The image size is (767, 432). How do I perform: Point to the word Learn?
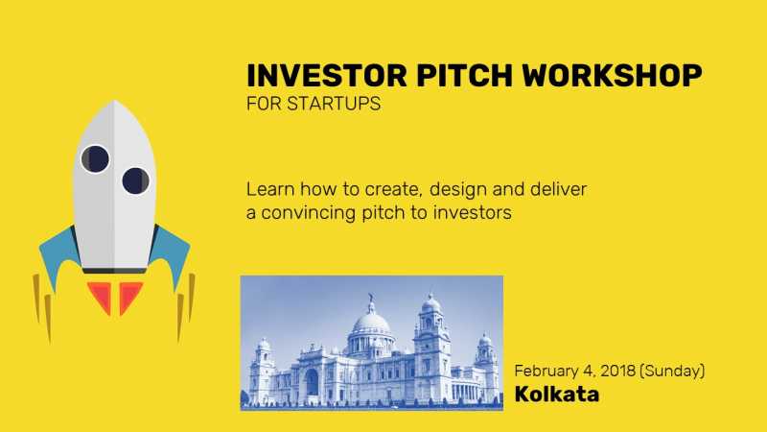(x=269, y=189)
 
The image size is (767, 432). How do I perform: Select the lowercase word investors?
(x=470, y=213)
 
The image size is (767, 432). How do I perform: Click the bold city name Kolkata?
(x=557, y=394)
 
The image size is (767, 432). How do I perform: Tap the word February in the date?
(x=547, y=371)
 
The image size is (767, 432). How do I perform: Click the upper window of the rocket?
(x=95, y=157)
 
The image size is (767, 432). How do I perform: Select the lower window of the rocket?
(x=135, y=180)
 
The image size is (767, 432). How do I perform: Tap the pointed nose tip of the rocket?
(x=115, y=103)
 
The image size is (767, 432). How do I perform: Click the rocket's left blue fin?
(x=58, y=252)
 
